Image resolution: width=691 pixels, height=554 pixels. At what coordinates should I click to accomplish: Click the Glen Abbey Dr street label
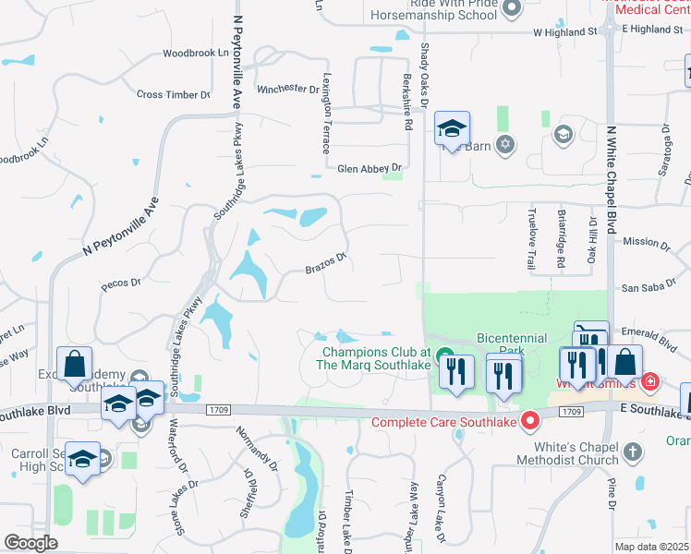[370, 168]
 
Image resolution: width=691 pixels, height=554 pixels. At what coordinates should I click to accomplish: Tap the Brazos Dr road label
[327, 264]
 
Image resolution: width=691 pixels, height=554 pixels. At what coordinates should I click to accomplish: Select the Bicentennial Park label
[512, 344]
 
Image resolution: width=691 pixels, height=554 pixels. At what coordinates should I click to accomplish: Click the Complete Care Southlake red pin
[530, 422]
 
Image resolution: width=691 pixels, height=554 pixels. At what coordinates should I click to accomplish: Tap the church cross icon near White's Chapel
[632, 452]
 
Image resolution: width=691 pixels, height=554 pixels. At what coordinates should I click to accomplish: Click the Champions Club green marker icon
[444, 355]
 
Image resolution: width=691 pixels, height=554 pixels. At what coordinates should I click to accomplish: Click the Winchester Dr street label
[287, 90]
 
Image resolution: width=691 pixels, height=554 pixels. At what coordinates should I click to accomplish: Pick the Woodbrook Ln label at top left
[195, 53]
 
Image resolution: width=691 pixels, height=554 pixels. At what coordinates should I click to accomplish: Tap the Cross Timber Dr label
[173, 94]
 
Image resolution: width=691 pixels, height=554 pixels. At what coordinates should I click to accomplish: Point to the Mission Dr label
[647, 243]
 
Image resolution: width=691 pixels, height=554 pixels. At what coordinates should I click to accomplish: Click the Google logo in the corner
[30, 542]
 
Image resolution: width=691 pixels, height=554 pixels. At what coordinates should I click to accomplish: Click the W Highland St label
[564, 31]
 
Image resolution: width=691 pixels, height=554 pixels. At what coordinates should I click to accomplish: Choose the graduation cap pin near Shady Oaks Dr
[453, 128]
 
